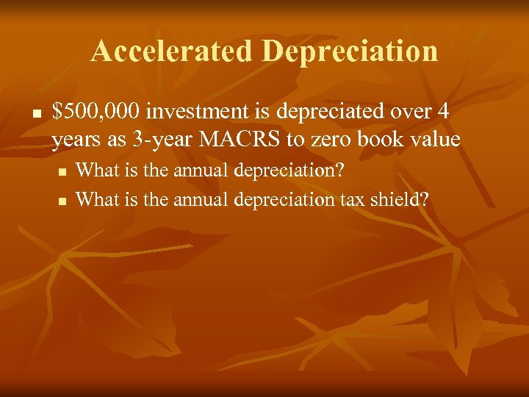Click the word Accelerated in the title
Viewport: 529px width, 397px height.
pos(172,51)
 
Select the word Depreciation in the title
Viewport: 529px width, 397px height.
pos(349,51)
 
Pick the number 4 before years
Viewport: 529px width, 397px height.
pos(442,112)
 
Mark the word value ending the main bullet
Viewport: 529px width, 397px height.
pos(436,139)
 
